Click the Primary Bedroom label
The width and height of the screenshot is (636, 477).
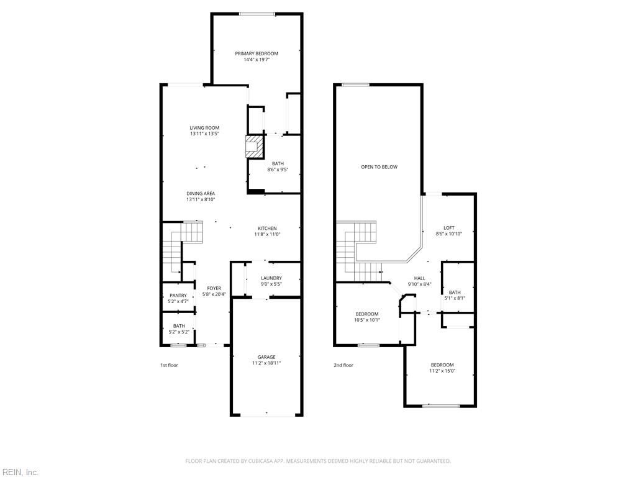tap(257, 53)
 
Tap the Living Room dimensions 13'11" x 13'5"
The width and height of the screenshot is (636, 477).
tap(204, 134)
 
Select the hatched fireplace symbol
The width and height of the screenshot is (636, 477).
tap(254, 147)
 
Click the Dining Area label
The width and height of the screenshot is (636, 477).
tap(201, 194)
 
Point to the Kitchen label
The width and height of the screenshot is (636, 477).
tap(267, 229)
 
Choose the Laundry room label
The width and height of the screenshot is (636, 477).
tap(271, 278)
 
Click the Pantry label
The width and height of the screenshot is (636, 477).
tap(178, 296)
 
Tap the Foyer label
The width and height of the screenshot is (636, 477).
tap(214, 288)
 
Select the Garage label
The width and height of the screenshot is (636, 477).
tap(266, 357)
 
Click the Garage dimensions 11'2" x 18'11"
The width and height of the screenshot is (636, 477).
tap(266, 363)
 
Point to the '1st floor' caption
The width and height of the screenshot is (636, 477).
tap(169, 365)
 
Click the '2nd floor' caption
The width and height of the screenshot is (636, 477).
tap(343, 365)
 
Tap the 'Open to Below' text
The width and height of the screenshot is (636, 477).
tap(379, 167)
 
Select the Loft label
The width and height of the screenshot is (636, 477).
tap(449, 228)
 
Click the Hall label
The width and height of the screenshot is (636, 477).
tap(420, 278)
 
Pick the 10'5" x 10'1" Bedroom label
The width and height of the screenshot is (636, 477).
tap(367, 314)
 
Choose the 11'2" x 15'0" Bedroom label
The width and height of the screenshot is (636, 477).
tap(442, 365)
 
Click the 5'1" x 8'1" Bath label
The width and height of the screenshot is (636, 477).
tap(455, 293)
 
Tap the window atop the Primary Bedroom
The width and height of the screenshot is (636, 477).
tap(257, 14)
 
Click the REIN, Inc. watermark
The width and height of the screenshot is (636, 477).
tap(19, 472)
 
